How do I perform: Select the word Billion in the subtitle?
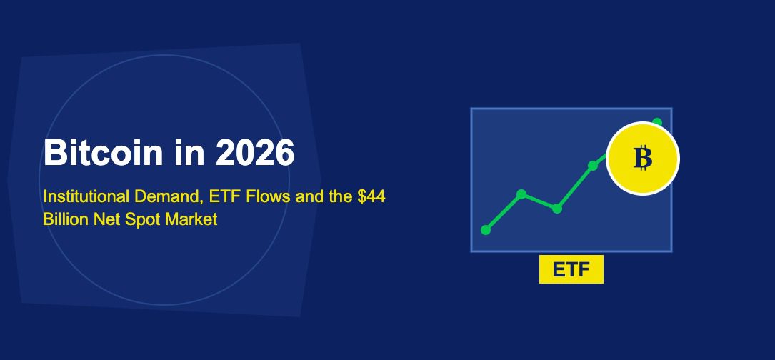point(66,219)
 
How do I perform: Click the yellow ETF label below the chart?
point(571,270)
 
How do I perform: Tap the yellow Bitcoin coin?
point(643,158)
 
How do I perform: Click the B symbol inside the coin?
point(643,158)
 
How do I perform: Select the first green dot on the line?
point(486,230)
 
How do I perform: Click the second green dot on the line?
point(521,194)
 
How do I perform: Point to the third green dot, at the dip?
point(557,209)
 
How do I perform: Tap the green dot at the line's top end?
point(657,122)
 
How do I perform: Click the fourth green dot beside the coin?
point(593,166)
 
